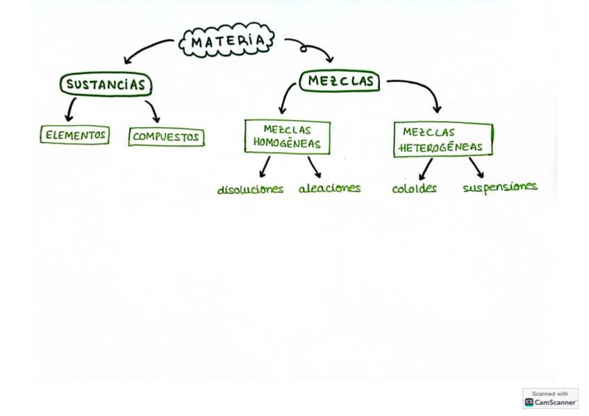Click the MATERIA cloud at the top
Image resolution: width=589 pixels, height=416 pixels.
tap(226, 42)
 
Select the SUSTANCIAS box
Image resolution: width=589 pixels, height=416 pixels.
tap(106, 85)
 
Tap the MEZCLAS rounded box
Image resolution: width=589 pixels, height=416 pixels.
tap(340, 81)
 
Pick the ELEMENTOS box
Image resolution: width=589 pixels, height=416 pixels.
tap(75, 135)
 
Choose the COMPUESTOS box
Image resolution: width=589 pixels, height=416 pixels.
tap(166, 137)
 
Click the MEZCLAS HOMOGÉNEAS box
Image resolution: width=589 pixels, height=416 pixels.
tap(287, 137)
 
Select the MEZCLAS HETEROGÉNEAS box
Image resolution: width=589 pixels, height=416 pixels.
tap(442, 139)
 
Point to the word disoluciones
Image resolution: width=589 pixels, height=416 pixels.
tap(250, 190)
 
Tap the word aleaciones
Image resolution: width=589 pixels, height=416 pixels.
tap(329, 188)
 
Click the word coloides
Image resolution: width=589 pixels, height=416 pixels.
tap(414, 188)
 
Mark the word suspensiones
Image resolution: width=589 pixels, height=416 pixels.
tap(499, 187)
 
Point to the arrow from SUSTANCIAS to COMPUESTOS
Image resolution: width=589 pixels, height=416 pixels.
tap(153, 111)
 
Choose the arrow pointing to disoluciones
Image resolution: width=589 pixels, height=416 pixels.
tap(265, 167)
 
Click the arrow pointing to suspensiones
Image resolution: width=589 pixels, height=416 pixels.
tap(476, 167)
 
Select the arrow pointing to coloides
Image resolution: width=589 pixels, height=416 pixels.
tap(426, 169)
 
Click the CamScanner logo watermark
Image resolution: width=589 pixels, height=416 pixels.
tap(550, 399)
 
